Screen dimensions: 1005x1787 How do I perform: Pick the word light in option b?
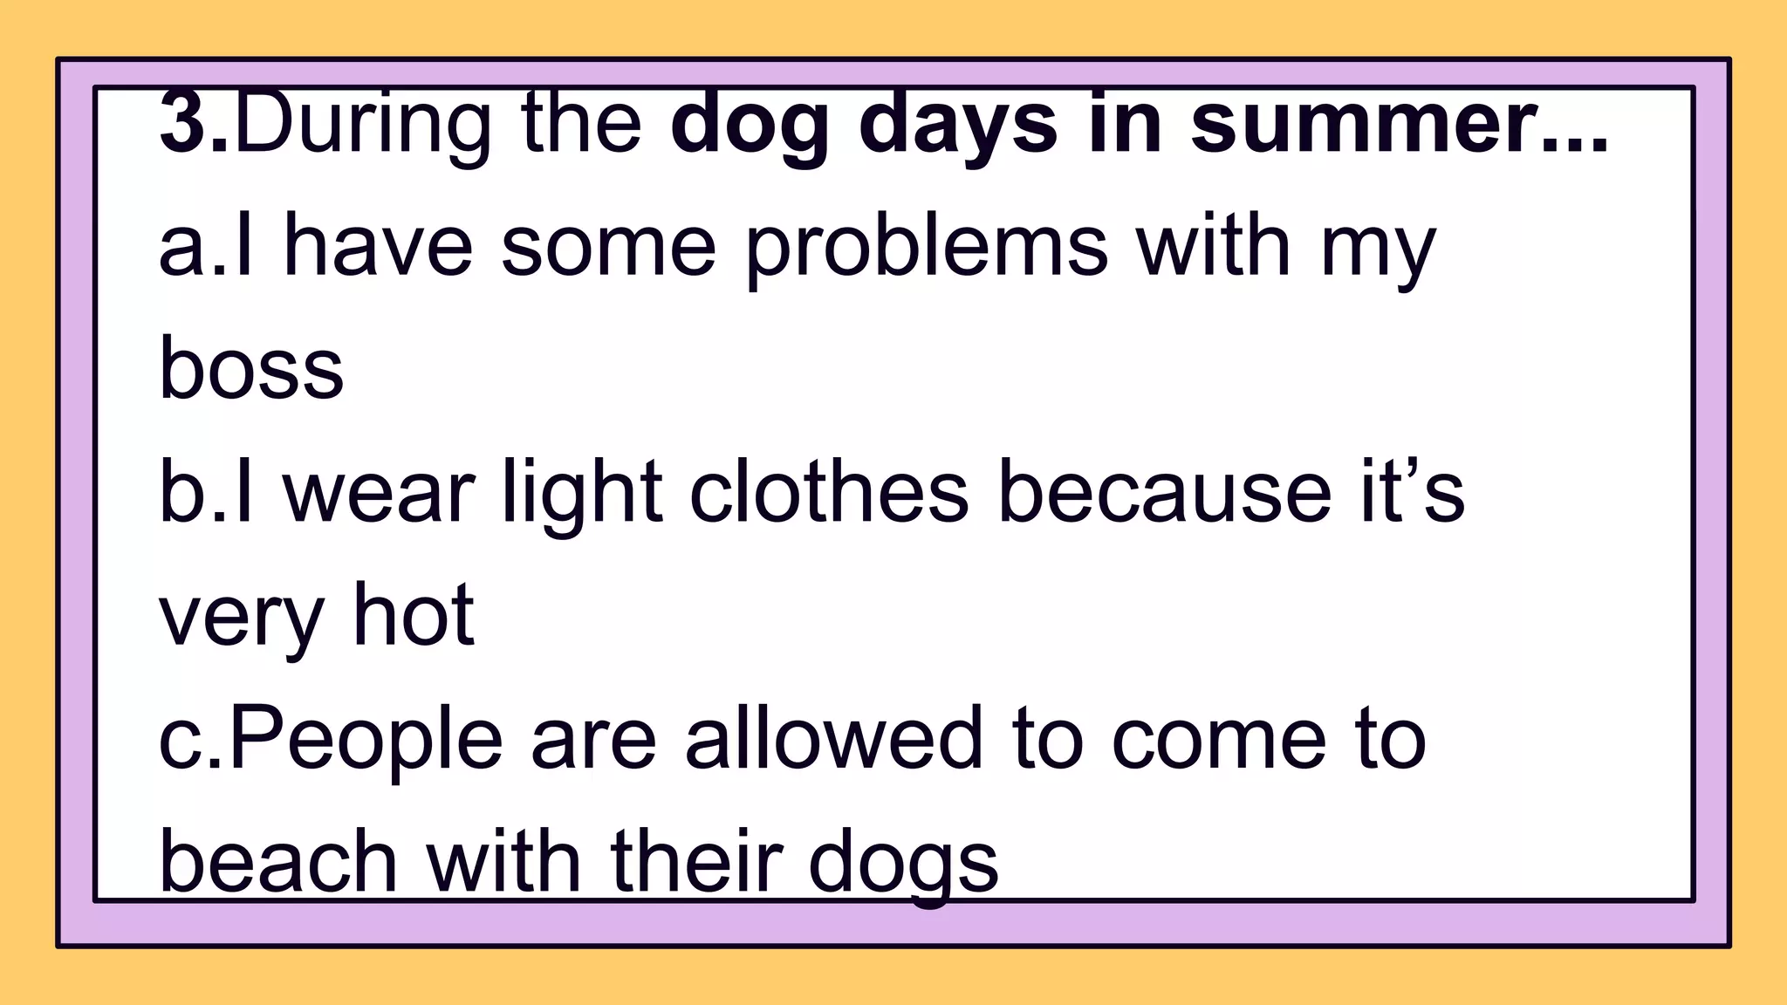tap(581, 494)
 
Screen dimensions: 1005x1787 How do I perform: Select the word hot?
tap(413, 616)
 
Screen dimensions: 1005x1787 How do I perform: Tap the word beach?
tap(278, 862)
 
